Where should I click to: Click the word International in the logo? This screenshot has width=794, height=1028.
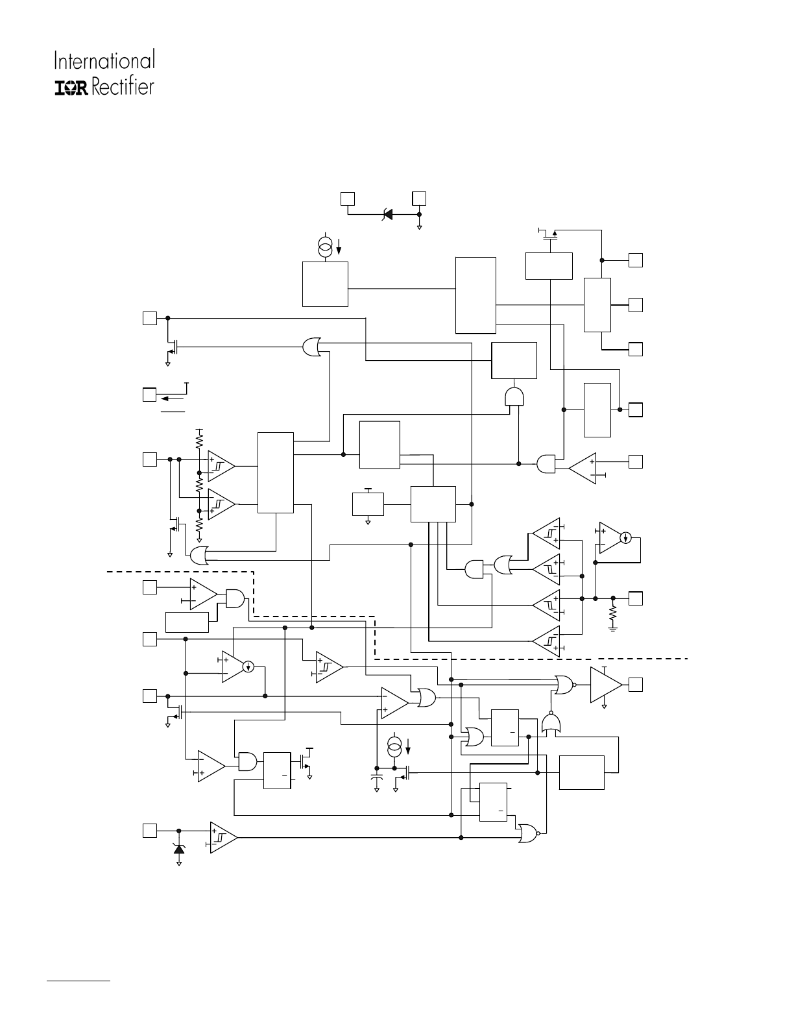104,61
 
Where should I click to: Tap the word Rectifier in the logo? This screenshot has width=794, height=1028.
123,86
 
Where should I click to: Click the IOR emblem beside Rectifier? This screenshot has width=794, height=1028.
71,88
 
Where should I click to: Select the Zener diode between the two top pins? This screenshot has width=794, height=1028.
388,213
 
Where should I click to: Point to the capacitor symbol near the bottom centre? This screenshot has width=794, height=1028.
376,777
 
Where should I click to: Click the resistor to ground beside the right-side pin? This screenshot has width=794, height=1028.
613,613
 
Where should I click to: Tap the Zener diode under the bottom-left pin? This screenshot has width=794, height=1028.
179,848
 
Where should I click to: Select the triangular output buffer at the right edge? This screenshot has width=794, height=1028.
605,685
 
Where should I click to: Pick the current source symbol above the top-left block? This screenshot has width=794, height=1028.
326,247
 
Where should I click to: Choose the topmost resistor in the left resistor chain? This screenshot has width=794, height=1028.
200,441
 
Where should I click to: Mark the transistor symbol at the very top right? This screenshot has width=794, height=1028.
551,235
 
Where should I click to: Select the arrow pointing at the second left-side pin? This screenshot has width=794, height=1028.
170,395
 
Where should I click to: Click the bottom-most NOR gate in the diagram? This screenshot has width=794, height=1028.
527,833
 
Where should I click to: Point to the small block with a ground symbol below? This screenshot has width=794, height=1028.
368,504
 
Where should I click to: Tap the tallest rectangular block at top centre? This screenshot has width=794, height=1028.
475,295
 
